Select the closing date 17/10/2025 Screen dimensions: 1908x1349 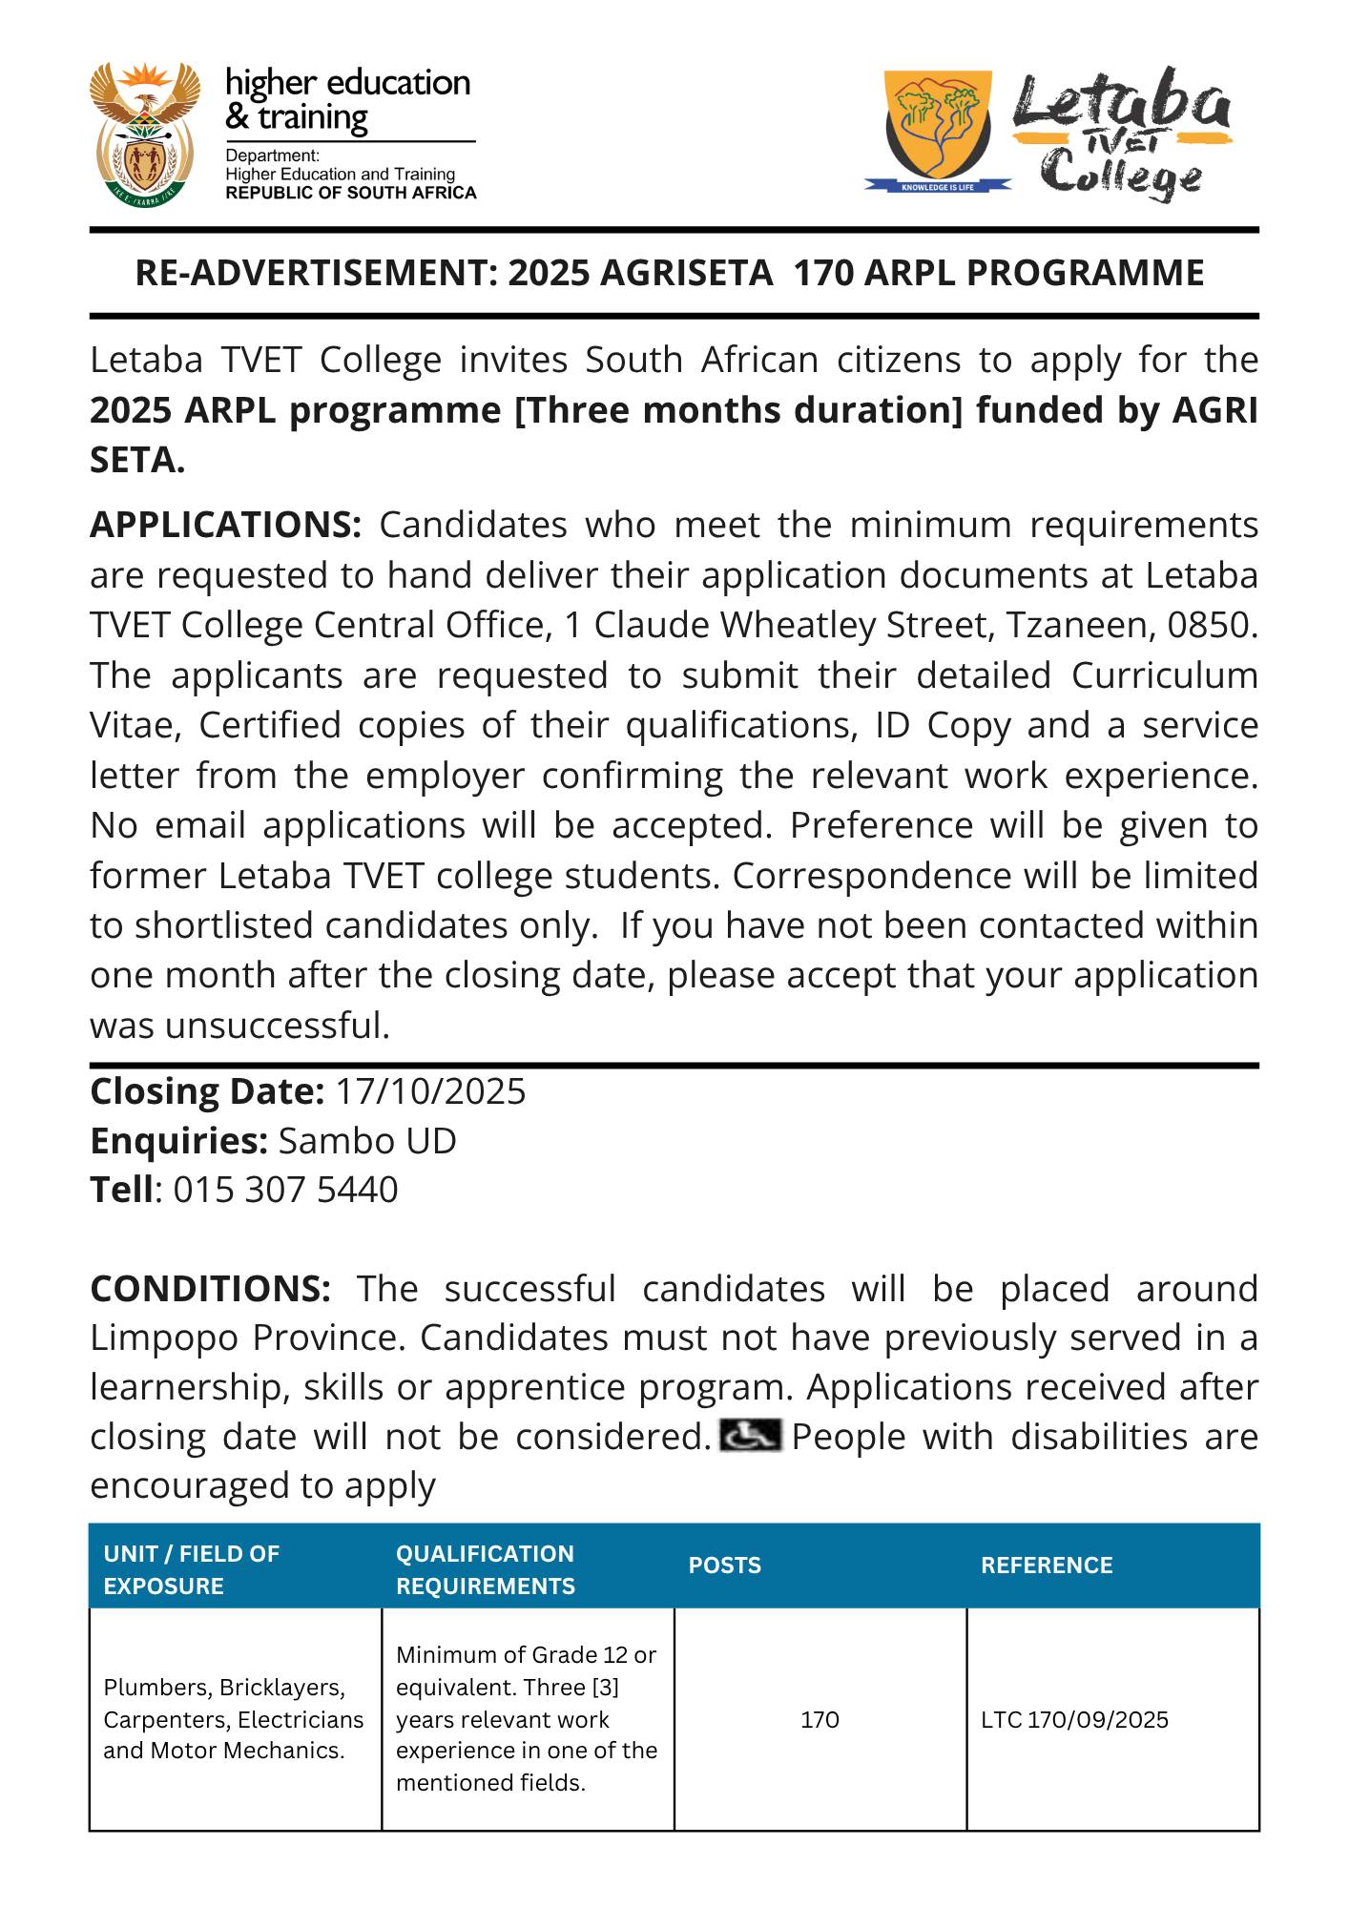429,1091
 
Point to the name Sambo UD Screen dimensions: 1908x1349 366,1141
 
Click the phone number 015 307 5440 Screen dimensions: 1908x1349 285,1191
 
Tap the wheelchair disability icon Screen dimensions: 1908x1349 749,1435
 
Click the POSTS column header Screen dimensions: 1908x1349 724,1566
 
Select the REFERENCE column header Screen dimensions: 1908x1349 1046,1566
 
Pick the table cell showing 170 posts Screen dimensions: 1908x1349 820,1720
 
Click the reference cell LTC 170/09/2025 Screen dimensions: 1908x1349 1074,1720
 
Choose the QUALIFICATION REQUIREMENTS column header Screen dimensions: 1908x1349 485,1569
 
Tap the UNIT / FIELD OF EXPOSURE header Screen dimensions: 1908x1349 191,1569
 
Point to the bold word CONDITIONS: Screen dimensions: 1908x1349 210,1289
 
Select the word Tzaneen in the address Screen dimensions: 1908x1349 1079,626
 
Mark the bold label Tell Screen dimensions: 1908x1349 121,1191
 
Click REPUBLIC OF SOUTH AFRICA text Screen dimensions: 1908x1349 350,193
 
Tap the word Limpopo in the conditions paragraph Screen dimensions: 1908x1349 163,1338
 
